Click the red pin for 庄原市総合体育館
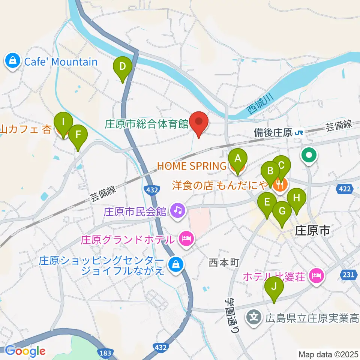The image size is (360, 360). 198,123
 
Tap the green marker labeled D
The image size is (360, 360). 123,67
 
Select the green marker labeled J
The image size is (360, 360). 274,287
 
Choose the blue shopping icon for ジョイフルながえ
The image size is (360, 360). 175,265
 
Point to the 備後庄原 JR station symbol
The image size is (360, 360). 299,133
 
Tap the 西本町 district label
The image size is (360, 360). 224,263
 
